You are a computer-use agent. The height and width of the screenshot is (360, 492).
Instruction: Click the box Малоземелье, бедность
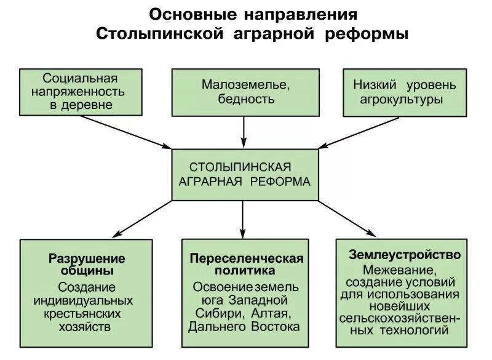[245, 92]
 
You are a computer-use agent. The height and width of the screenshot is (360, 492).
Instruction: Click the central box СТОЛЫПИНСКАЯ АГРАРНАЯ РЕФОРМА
[245, 175]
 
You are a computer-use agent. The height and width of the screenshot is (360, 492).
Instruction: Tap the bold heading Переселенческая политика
[246, 264]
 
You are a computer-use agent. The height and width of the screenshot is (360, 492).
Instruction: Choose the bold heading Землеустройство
[405, 254]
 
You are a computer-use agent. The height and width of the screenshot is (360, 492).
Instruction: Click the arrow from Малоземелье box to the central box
[245, 130]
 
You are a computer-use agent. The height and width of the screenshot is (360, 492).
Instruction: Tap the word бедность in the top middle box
[245, 99]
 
